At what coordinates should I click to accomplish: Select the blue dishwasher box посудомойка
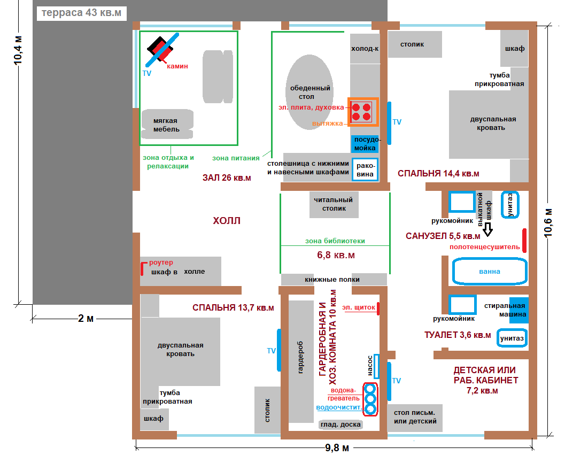pos(365,144)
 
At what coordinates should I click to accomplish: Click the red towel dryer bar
pos(524,240)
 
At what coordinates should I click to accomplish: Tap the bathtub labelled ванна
pos(489,271)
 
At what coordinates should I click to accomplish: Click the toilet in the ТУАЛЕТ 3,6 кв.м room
pos(511,338)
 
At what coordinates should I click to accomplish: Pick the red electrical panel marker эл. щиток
pos(378,308)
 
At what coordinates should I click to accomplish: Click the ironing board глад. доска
pos(340,425)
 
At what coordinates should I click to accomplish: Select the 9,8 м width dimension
pos(337,447)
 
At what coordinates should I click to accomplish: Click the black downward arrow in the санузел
pos(487,230)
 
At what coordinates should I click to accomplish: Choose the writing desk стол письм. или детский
pos(415,417)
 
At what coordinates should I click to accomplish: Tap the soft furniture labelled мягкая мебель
pos(166,125)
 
